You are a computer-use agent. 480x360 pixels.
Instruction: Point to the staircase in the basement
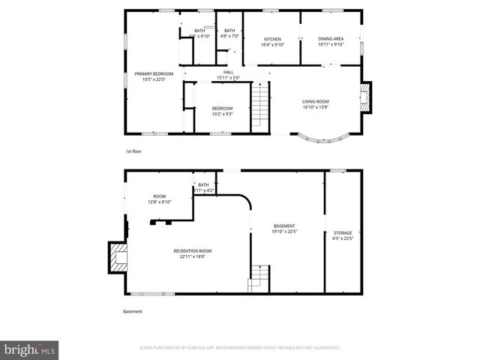259,276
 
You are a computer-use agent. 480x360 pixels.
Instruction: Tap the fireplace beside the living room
364,96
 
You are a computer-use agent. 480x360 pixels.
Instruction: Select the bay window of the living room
323,137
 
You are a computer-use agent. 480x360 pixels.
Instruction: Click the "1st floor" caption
133,151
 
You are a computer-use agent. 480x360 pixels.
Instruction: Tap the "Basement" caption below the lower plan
133,312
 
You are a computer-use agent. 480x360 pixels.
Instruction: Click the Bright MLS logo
30,349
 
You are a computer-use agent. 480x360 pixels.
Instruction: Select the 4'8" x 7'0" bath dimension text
229,36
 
